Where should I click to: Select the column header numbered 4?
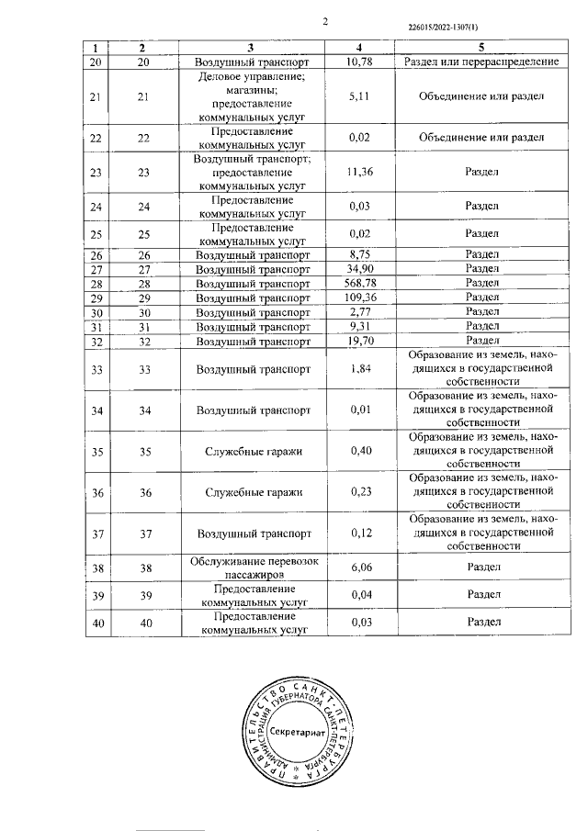tap(359, 46)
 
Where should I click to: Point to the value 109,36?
tap(359, 298)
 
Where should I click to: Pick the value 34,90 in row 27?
tap(359, 268)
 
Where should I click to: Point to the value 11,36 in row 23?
tap(359, 171)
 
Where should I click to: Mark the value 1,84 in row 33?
tap(359, 369)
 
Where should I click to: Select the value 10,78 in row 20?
tap(359, 61)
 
